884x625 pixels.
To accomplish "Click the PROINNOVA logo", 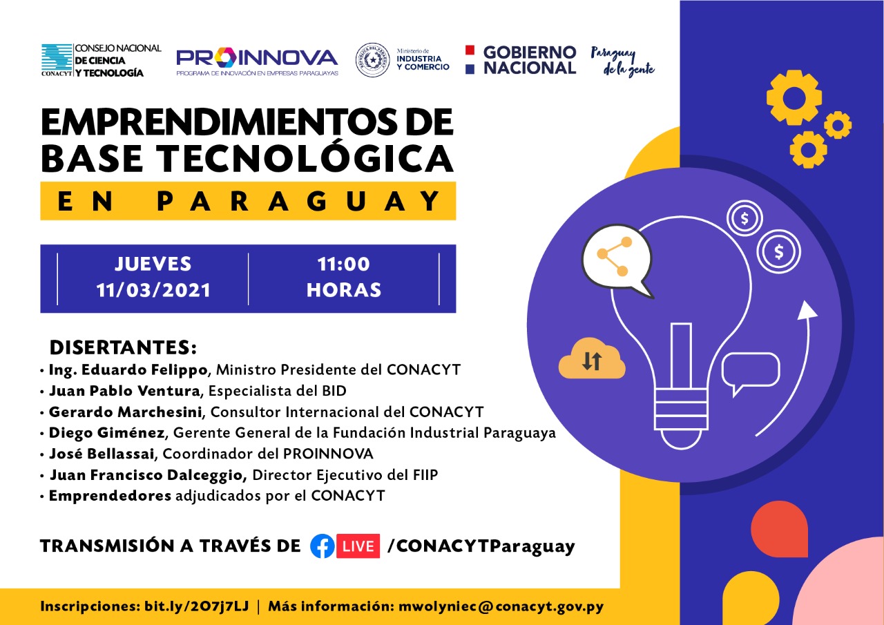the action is [257, 61].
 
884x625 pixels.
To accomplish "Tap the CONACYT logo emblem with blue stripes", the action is [57, 59].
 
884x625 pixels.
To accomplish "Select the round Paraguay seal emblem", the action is [372, 60].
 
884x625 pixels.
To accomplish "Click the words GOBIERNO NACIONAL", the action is [530, 60].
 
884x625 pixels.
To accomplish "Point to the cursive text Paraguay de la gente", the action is [622, 61].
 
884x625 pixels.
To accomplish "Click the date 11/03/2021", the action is [153, 291].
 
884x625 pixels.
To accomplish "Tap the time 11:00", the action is [344, 264].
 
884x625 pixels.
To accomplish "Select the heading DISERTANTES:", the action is [123, 347].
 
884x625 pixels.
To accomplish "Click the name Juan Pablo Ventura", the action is [125, 391].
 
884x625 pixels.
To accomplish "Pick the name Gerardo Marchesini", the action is [126, 412].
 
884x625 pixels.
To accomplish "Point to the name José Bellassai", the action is [102, 454].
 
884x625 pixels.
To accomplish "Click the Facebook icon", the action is [323, 546].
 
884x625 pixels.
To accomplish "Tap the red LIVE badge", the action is [358, 546].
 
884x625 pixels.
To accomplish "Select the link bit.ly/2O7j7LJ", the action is [197, 606].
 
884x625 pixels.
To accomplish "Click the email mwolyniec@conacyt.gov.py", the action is [501, 606].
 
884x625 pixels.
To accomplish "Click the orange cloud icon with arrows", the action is [592, 358].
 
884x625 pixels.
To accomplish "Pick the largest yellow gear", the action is [794, 97].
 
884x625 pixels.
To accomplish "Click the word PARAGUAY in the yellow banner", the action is [299, 201].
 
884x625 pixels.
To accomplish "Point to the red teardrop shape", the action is [779, 529].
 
